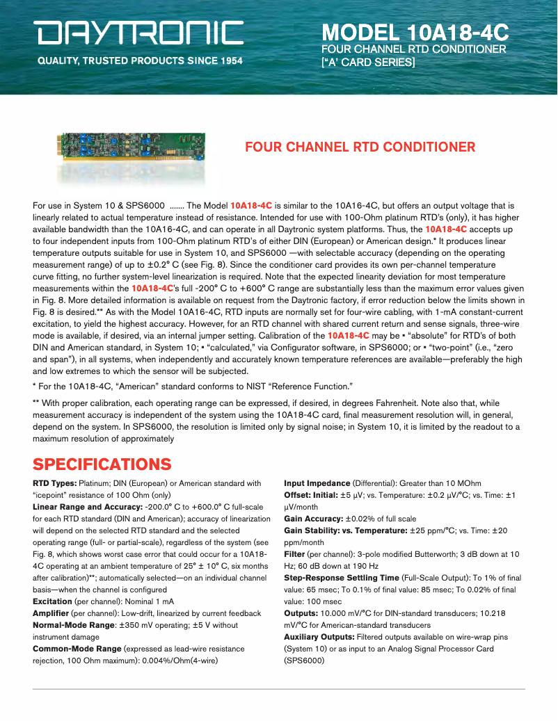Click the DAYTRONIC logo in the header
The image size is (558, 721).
(x=140, y=33)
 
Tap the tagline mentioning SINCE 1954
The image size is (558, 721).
(x=140, y=61)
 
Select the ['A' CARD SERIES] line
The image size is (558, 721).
(x=368, y=62)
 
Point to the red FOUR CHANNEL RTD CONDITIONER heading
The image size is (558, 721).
(x=360, y=147)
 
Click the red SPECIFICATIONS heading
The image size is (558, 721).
(x=102, y=464)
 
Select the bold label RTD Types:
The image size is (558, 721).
(x=55, y=483)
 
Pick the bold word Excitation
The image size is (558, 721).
(x=52, y=601)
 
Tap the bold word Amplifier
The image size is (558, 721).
(x=51, y=613)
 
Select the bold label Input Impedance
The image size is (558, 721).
(x=317, y=483)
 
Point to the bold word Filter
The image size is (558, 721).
(x=294, y=554)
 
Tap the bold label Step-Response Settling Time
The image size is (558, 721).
(x=342, y=578)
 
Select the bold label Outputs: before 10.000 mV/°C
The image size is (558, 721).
(x=301, y=613)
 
